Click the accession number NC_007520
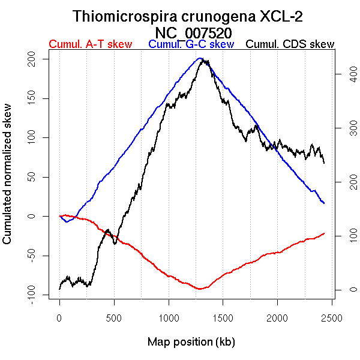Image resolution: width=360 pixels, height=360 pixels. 191,31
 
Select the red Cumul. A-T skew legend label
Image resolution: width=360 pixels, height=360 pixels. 90,44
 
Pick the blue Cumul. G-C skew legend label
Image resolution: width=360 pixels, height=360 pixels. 191,44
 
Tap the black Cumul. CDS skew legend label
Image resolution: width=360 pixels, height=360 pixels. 290,44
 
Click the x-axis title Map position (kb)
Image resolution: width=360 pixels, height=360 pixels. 191,342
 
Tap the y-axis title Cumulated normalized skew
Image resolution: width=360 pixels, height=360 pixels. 8,181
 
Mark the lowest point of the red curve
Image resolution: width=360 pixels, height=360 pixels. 200,289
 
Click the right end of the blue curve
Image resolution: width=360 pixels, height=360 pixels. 324,203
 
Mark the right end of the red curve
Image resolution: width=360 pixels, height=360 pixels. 324,233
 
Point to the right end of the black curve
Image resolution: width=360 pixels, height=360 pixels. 324,163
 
